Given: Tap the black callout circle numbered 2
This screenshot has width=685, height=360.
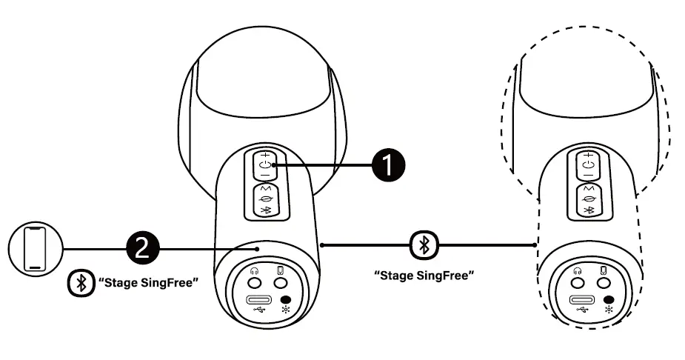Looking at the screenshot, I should point(144,247).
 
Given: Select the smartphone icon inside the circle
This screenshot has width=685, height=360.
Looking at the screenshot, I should point(34,249).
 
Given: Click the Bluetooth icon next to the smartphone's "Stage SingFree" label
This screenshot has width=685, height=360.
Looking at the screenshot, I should point(79,284).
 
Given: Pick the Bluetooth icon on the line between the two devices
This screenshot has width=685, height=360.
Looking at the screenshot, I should point(424,244).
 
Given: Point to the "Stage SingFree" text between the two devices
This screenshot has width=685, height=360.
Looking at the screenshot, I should point(424,275).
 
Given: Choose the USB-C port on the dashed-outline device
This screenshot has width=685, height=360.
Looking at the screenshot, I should point(581,301).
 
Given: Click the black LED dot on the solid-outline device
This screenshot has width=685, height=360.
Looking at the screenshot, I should point(287,300).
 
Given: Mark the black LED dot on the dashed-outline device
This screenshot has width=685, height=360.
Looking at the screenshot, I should point(609,300).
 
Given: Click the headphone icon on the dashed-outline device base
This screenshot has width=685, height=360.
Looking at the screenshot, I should point(576,270).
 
